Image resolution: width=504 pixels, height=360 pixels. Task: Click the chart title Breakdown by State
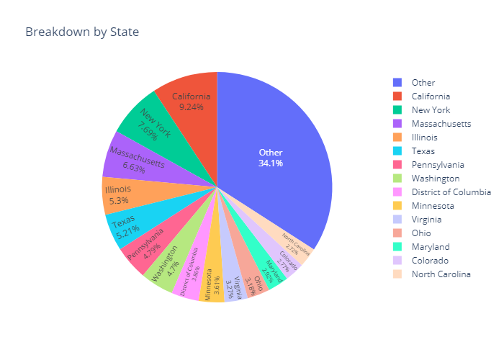point(82,32)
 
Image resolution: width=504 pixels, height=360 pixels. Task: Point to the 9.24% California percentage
point(192,107)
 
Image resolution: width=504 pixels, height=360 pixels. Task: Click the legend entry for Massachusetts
point(441,124)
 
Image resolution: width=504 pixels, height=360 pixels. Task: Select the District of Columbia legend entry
point(451,192)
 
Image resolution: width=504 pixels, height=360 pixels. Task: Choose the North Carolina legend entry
point(441,274)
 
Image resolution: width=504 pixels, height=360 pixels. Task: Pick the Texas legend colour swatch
point(397,151)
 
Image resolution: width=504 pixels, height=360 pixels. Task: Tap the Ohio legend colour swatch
point(397,233)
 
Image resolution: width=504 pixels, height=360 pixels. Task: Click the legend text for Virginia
point(426,220)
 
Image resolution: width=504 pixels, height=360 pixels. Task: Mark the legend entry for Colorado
point(431,261)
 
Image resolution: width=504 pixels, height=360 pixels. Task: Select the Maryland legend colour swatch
point(397,247)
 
